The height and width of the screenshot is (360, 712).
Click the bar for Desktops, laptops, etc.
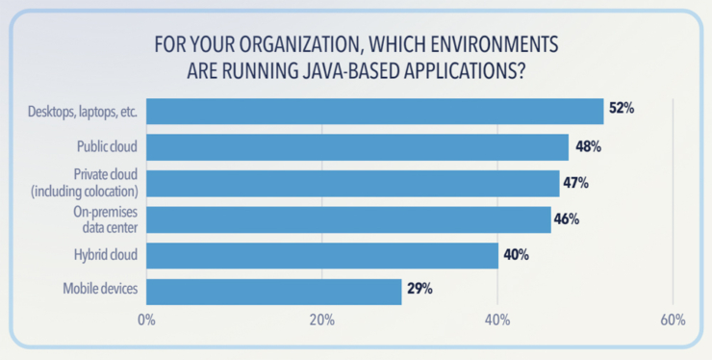(374, 111)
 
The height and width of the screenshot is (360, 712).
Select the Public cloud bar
(358, 147)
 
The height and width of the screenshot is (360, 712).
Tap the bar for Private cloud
(353, 183)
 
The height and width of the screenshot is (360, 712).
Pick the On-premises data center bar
(348, 219)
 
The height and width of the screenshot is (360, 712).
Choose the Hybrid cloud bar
(322, 255)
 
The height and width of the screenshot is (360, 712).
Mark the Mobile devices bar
(274, 291)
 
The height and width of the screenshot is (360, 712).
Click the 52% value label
(621, 109)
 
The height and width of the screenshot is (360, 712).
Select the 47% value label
(575, 182)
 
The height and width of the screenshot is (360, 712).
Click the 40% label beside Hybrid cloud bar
(515, 255)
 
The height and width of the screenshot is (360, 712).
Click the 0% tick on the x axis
(146, 321)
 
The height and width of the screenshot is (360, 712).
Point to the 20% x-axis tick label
(321, 321)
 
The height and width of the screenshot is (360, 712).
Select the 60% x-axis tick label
(672, 321)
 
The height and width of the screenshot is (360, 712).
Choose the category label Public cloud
(108, 147)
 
